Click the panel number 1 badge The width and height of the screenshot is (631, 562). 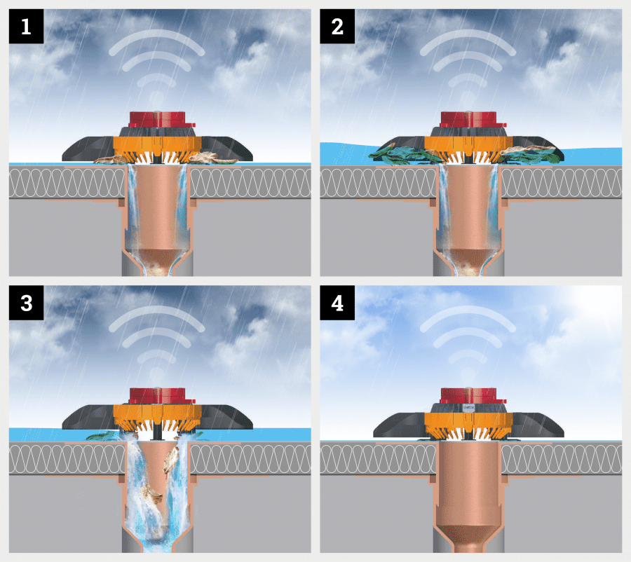coord(26,27)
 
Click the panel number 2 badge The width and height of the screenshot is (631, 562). coord(337,27)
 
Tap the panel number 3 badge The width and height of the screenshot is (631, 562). coord(26,303)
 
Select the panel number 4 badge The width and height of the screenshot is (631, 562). coord(337,303)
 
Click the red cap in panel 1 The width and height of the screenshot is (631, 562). coord(161,120)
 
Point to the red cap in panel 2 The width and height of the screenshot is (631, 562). coord(473,120)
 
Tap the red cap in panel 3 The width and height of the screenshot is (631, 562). coord(161,396)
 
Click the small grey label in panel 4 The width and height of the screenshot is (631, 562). coord(469,408)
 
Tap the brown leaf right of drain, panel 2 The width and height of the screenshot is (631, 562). coord(527,151)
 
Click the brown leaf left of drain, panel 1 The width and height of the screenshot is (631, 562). coord(111,159)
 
